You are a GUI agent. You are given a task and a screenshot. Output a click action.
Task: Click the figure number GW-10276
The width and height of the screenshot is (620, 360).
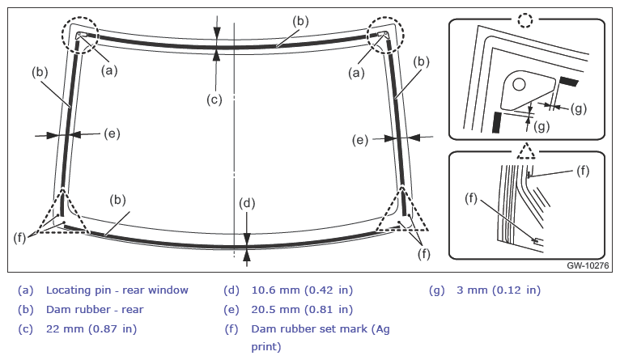588,265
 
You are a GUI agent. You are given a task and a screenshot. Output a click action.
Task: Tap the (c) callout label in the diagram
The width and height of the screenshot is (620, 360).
214,100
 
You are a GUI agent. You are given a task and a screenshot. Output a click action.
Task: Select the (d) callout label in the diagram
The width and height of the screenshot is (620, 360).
247,204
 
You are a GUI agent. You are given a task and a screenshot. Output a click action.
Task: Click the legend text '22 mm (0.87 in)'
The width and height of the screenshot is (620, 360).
91,328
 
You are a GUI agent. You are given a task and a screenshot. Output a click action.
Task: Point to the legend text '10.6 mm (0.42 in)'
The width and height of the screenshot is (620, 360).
302,290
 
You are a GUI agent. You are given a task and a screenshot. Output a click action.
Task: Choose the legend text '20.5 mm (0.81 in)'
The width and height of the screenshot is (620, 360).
302,309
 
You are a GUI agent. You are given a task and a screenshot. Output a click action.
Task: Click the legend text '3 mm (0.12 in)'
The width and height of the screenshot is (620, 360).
499,290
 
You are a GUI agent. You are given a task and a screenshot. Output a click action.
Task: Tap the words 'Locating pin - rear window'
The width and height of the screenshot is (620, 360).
117,290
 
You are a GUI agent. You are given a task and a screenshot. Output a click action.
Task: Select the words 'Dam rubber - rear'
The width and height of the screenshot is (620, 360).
95,309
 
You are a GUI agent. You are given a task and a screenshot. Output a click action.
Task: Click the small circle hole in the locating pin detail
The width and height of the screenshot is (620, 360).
519,85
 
